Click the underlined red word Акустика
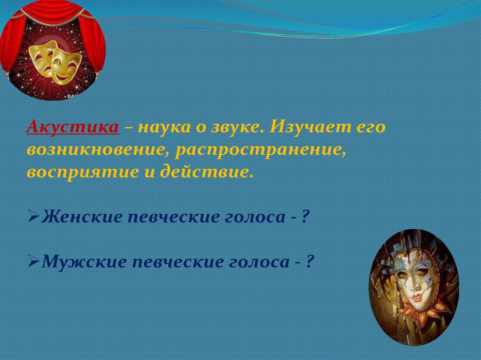click(73, 127)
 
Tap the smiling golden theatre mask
click(65, 65)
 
